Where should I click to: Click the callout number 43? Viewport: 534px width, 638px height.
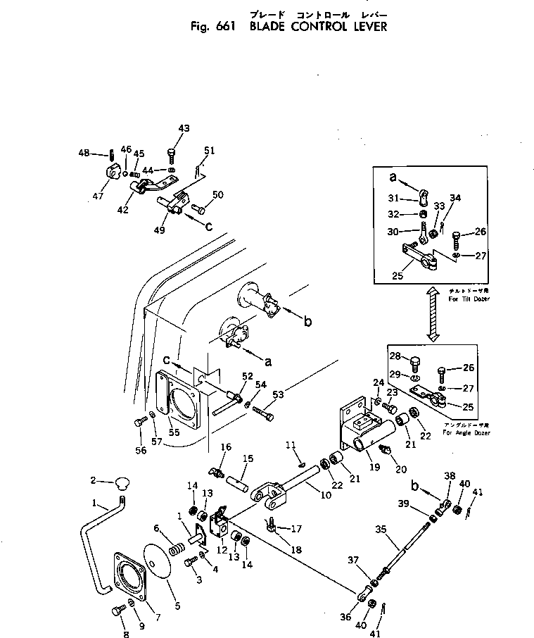click(x=184, y=128)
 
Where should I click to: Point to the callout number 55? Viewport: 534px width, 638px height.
click(x=173, y=432)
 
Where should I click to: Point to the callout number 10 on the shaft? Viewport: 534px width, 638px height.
click(x=326, y=495)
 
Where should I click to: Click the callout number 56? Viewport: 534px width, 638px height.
click(x=141, y=451)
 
